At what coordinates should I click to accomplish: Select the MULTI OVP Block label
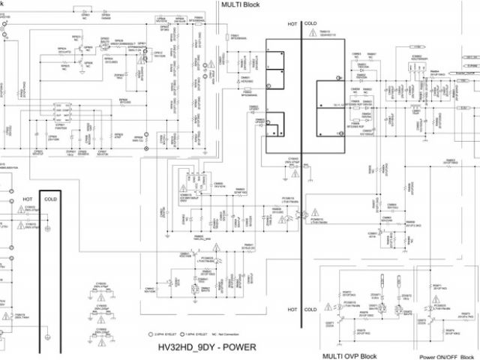[x=349, y=355]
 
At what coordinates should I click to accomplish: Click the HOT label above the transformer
[x=293, y=25]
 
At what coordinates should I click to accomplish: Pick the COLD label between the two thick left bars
[x=50, y=199]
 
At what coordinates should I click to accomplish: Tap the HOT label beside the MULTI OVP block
[x=293, y=308]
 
